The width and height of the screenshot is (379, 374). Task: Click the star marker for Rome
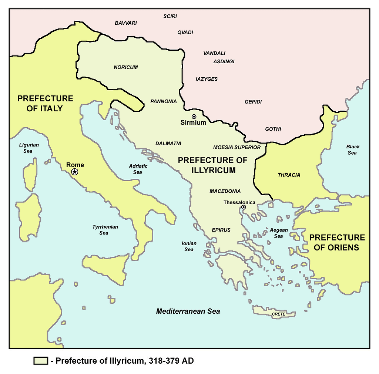tap(75, 172)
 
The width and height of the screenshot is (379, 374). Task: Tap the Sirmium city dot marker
tap(194, 117)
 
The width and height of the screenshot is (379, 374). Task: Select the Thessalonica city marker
tap(244, 208)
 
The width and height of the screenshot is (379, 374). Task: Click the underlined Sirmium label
tap(193, 123)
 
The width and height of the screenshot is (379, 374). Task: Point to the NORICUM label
tap(126, 67)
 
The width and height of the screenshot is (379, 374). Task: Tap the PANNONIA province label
tap(164, 101)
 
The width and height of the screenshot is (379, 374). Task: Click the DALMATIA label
tap(168, 143)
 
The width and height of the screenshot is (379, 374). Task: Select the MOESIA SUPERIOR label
tap(237, 147)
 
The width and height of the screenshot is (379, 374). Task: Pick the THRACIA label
tap(289, 175)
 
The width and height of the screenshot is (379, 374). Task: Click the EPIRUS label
tap(221, 230)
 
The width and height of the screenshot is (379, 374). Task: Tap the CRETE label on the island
tap(279, 314)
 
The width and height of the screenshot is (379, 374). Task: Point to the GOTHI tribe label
tap(273, 129)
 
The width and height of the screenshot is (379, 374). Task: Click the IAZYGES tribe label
tap(207, 79)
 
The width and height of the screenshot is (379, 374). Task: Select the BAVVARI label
tap(126, 23)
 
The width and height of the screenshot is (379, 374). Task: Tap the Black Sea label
tap(353, 150)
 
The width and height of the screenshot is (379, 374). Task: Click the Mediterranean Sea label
tap(188, 311)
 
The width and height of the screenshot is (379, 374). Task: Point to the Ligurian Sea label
tap(29, 148)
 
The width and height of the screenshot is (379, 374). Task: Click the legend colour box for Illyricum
tap(40, 361)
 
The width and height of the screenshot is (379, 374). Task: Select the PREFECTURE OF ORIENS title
tap(337, 242)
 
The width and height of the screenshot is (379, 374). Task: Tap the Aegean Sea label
tap(279, 233)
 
